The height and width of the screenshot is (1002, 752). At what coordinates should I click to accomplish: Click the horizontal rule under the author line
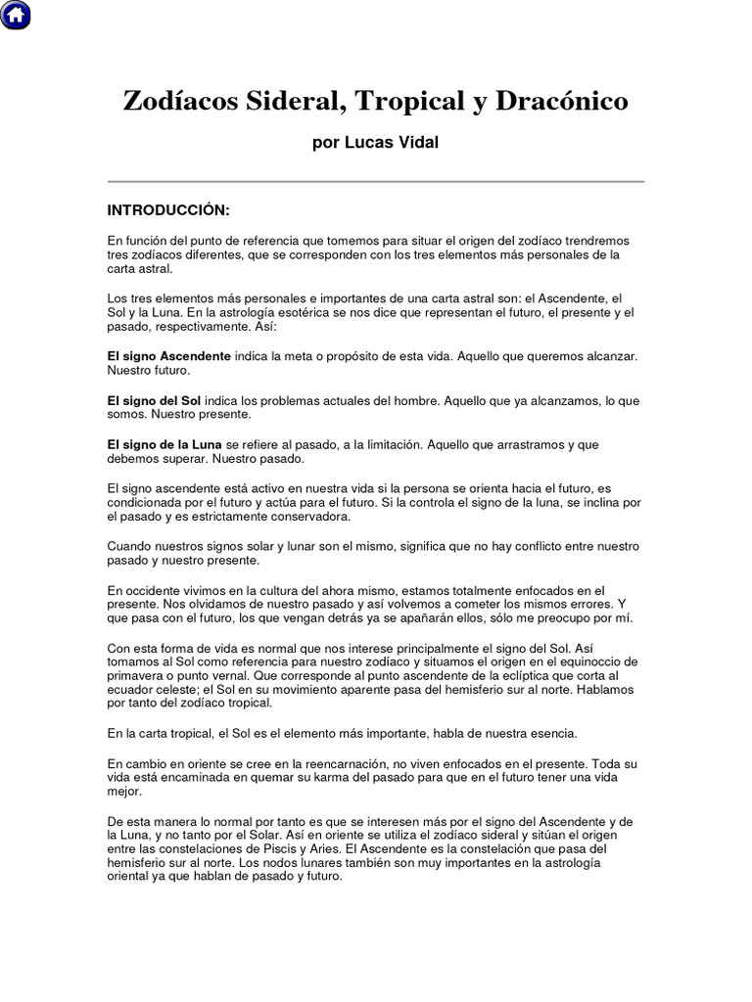coord(375,182)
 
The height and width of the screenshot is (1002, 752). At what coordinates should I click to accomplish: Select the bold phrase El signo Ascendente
coord(168,357)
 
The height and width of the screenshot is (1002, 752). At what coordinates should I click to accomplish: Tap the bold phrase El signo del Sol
coord(154,401)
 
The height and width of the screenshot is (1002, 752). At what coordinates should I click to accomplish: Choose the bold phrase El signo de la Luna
coord(164,445)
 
